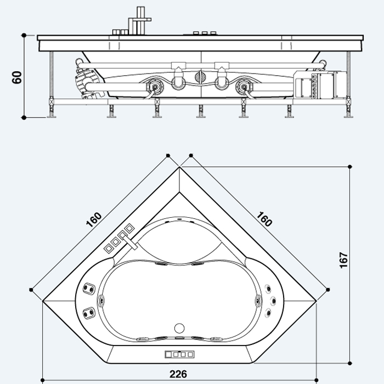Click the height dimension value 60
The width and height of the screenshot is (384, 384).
click(x=17, y=77)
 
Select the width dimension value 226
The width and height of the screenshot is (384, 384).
click(x=178, y=374)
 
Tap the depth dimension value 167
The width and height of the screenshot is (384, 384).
click(x=344, y=260)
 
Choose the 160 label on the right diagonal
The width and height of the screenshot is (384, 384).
click(x=264, y=219)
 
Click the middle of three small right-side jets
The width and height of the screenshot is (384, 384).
click(x=272, y=300)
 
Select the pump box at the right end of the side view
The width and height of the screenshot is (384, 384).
click(x=323, y=85)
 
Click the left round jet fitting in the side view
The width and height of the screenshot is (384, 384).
click(x=155, y=86)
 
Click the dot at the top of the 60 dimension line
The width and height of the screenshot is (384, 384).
click(x=24, y=35)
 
